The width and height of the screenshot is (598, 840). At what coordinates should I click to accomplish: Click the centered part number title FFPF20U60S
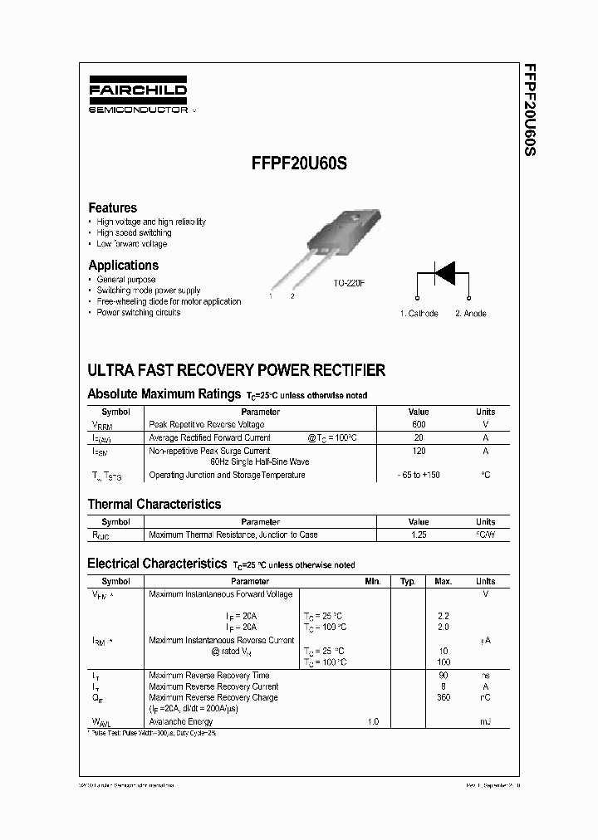tap(299, 164)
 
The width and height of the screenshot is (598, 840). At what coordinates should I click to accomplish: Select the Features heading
tap(112, 208)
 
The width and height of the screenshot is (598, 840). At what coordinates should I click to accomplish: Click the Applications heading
tap(123, 265)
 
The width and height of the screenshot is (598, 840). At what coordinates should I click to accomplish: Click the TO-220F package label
tap(349, 283)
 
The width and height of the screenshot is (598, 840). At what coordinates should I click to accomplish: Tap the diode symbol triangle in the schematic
tap(445, 272)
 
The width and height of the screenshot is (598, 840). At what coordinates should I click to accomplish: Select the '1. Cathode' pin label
tap(419, 314)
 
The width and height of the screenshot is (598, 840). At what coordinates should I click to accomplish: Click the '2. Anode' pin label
tap(470, 314)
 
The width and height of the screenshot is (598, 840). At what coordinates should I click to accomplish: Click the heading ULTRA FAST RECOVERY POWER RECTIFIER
tap(236, 370)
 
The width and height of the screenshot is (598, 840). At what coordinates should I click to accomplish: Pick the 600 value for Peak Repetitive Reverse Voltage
tap(419, 424)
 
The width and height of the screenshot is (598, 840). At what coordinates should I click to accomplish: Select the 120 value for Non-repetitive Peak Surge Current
tap(419, 451)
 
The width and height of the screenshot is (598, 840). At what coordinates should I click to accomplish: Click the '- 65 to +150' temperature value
tap(419, 476)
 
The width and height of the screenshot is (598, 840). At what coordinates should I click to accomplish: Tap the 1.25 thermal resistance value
tap(419, 535)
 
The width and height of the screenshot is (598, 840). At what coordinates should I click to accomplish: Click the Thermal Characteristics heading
tap(154, 504)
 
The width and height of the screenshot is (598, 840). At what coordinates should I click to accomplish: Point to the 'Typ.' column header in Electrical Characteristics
tap(408, 582)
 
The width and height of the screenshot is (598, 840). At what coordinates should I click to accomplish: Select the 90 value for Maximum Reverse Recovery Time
tap(444, 676)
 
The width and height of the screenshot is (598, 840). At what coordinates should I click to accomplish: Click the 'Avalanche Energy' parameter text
tap(180, 722)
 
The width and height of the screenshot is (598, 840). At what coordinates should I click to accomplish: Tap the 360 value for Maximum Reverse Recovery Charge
tap(444, 698)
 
